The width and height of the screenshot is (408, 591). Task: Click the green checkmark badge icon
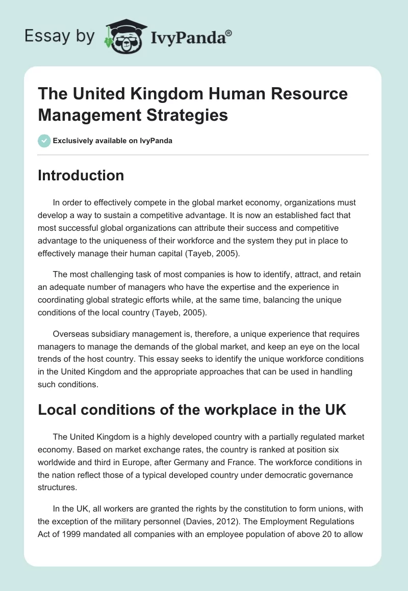click(44, 141)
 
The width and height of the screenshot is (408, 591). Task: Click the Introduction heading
click(81, 175)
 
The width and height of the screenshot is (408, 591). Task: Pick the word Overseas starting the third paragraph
click(70, 334)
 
